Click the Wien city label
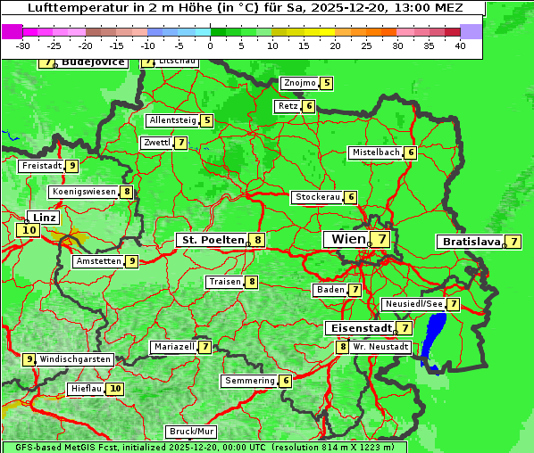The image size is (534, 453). [x=346, y=239]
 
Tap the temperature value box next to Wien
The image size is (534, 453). [x=381, y=239]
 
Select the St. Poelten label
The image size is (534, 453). [x=212, y=240]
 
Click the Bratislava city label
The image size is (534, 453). [x=469, y=242]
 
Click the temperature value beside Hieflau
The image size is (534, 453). [x=115, y=389]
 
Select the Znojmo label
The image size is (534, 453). [x=299, y=83]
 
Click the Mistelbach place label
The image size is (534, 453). [x=375, y=152]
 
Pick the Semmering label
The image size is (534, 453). [x=249, y=381]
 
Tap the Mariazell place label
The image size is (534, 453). [x=173, y=346]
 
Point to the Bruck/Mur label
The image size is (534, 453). [x=192, y=432]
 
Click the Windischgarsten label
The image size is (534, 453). [x=75, y=359]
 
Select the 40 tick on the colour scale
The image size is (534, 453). [x=460, y=45]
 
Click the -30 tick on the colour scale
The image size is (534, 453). [x=23, y=45]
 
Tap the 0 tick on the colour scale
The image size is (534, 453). [x=211, y=45]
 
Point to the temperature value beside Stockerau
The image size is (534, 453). [x=351, y=197]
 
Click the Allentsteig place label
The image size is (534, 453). [x=172, y=120]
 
